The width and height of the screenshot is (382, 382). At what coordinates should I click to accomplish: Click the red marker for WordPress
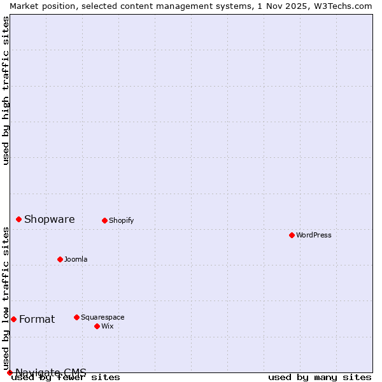click(292, 235)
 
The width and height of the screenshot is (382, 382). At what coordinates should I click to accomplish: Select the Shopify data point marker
click(104, 220)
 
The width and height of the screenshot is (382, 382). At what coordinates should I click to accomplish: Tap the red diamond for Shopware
click(18, 219)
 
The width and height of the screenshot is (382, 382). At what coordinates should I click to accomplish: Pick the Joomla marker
click(60, 259)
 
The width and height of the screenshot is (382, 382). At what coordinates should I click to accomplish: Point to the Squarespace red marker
click(76, 317)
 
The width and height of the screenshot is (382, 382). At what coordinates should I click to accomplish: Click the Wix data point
click(97, 326)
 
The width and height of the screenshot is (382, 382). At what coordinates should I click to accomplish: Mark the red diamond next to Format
click(13, 319)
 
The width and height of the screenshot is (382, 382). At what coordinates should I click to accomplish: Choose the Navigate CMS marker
click(10, 372)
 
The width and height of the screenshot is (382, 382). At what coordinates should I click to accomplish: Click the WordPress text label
click(314, 236)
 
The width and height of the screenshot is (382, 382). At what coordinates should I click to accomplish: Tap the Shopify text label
click(122, 221)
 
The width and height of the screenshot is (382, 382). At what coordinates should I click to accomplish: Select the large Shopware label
click(50, 220)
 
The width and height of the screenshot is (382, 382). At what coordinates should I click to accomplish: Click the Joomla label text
click(76, 260)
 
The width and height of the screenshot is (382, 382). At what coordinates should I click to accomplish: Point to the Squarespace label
click(103, 318)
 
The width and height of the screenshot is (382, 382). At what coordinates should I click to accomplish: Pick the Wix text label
click(108, 327)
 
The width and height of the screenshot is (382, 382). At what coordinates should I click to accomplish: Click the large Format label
click(37, 320)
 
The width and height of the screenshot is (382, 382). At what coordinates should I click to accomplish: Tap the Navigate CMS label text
click(51, 372)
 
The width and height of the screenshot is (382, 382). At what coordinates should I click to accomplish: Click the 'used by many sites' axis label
click(320, 378)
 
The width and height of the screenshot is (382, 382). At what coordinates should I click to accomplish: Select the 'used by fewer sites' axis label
click(66, 378)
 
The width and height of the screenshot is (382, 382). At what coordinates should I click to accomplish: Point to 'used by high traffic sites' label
click(6, 90)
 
